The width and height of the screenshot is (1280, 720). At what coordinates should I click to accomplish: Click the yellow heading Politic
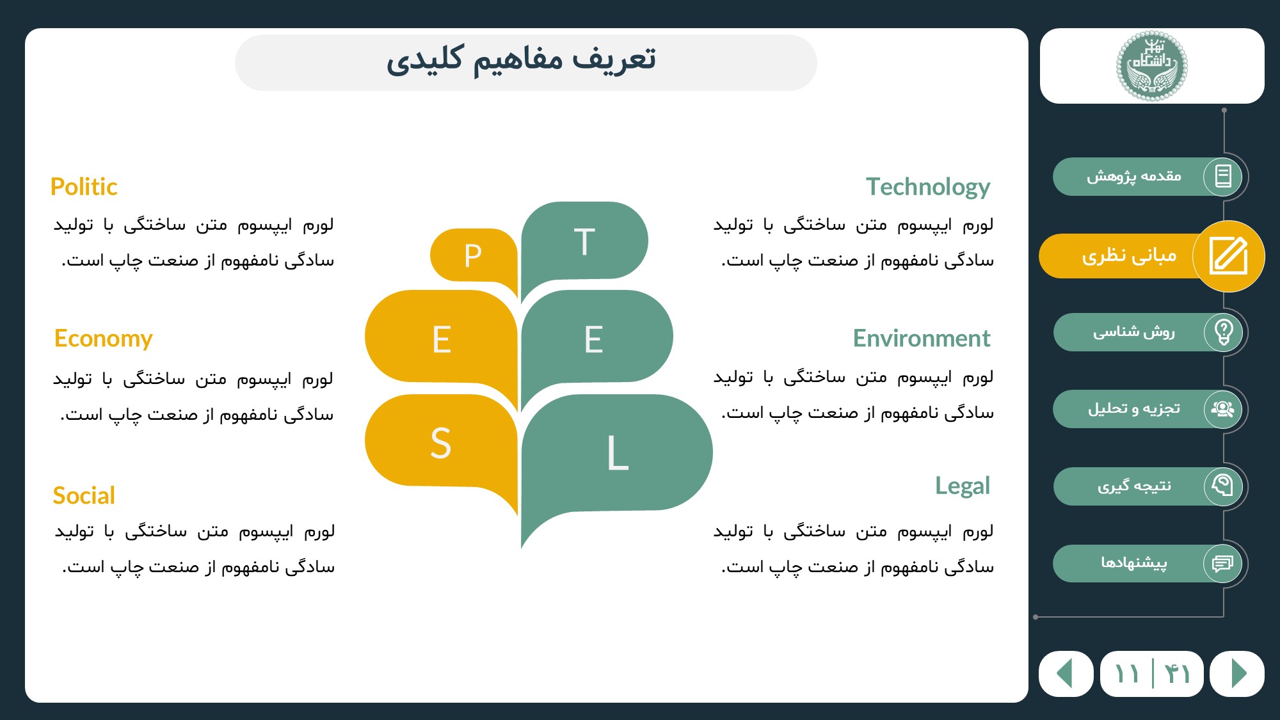coord(84,187)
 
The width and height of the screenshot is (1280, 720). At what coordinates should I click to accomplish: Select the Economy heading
coord(104,339)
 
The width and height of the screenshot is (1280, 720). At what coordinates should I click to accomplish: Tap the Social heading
coord(84,495)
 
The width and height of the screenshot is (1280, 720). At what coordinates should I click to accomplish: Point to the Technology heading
coord(928,187)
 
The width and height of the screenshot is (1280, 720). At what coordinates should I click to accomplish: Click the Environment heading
coord(922,338)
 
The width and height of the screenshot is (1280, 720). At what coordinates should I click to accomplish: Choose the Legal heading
coord(963,486)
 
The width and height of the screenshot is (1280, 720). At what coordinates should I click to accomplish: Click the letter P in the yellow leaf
coord(473,256)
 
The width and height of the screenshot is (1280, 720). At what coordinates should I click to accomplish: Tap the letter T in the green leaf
coord(584,242)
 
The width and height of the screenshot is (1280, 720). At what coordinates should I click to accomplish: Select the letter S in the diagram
coord(441,443)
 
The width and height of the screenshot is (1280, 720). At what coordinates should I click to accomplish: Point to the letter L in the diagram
coord(618,453)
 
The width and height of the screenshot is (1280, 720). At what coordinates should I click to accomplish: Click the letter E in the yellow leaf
coord(442,339)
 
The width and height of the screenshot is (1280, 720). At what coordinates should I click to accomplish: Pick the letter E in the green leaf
coord(593,339)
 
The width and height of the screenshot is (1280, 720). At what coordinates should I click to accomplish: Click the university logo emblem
coord(1152,66)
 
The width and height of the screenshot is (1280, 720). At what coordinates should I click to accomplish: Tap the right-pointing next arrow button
coord(1238,673)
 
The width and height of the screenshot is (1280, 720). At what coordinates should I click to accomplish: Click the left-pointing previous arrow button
coord(1066,673)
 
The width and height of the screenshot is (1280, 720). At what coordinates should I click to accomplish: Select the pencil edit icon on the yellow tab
coord(1229,256)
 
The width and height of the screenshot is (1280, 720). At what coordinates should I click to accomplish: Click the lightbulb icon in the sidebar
coord(1224,332)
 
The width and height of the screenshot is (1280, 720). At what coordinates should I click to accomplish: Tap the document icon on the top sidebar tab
coord(1223,176)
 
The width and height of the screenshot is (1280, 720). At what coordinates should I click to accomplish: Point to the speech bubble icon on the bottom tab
coord(1222,563)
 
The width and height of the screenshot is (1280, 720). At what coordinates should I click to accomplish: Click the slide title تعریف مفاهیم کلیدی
coord(521,60)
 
